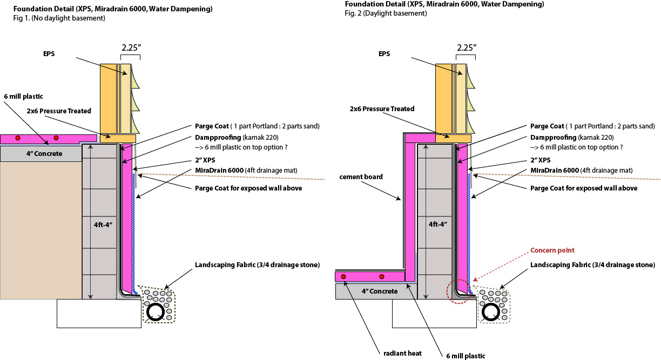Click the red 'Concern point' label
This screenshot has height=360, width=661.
pos(552,250)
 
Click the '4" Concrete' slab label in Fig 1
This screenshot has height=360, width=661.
pos(41,154)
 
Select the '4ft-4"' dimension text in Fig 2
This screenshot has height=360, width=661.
pos(438,223)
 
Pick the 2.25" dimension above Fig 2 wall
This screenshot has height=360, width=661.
pos(466,47)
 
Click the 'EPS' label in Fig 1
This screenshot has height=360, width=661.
pos(51,55)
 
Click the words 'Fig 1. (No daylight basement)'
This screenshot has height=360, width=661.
pos(59,18)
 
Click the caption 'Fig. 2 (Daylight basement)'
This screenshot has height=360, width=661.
pos(386,13)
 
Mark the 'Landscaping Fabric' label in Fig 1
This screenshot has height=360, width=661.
pos(258,264)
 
